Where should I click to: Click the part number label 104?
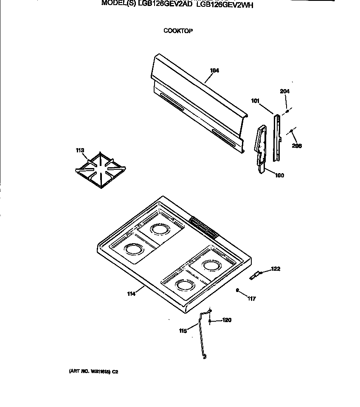(214, 71)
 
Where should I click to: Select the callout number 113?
(80, 150)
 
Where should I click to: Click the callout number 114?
(132, 293)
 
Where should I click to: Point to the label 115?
(183, 331)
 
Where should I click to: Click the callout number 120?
(227, 320)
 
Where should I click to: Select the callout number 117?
(252, 299)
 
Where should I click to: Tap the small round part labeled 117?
(238, 290)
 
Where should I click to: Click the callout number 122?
(276, 269)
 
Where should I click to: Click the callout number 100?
(280, 175)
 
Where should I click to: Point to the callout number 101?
(255, 101)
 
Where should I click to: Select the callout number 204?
(284, 91)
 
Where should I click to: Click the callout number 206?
(297, 146)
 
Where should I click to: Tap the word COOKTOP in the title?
(178, 31)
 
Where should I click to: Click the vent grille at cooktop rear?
(203, 227)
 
